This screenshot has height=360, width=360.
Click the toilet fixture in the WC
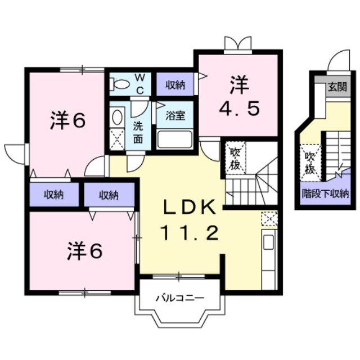tap(119, 84)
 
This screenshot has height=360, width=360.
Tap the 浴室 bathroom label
tap(175, 116)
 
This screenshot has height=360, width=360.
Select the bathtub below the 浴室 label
tap(175, 139)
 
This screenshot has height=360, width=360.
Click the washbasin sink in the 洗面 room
tap(117, 117)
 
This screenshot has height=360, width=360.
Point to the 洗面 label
tap(138, 133)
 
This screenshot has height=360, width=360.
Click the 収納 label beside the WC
tap(175, 85)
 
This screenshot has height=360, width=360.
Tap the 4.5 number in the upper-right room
tap(240, 108)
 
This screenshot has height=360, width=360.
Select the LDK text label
tap(190, 207)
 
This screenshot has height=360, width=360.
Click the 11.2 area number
tap(190, 232)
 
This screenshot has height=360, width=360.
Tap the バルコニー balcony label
tap(180, 298)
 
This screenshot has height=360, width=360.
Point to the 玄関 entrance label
tap(337, 87)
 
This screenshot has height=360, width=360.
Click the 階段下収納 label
tap(326, 193)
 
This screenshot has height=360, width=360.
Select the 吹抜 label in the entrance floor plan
tap(310, 163)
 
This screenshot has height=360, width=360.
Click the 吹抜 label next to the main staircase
tap(235, 159)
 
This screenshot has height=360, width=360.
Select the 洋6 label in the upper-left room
tap(68, 120)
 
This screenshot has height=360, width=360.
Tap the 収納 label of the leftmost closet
tap(54, 195)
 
